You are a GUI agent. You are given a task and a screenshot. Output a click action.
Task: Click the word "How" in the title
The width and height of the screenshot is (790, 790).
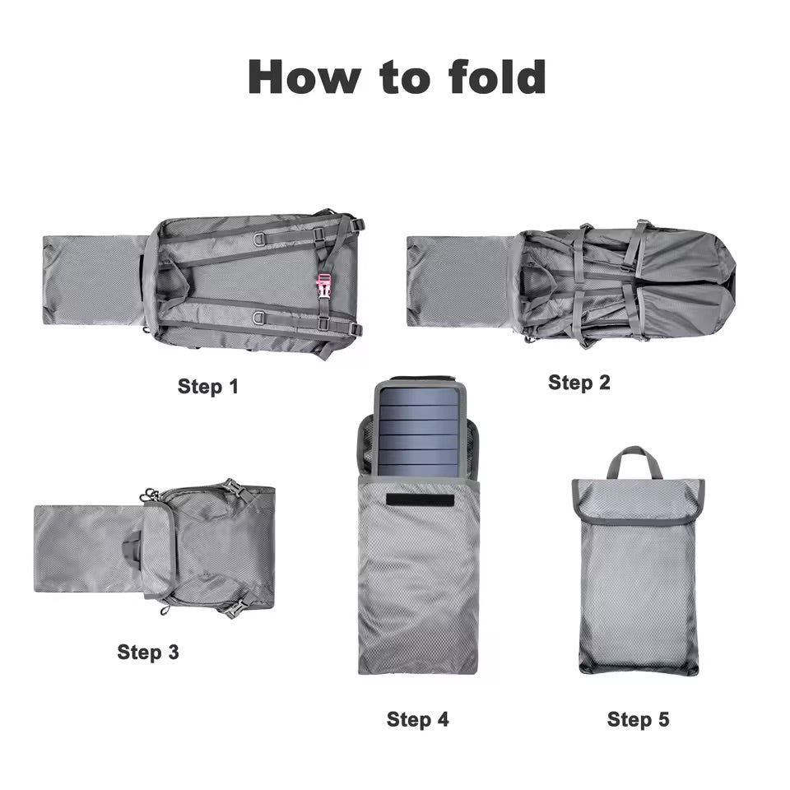coord(304,77)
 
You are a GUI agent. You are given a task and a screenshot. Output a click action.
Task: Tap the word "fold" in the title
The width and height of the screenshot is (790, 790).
coord(497,77)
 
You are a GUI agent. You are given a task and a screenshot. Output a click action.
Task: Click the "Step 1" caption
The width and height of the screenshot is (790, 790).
coord(207,387)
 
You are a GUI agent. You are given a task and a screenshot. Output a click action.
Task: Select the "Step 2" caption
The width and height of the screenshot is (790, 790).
coord(579,383)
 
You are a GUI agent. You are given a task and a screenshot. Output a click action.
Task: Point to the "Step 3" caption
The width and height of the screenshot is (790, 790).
coord(147,652)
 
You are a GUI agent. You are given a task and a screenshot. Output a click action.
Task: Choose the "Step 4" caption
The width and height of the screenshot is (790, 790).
coord(418,719)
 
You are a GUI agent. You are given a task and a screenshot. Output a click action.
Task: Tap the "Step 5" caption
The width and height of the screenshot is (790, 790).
coord(639,719)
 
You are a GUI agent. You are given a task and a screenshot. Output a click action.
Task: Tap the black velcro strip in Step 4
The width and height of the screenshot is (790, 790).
coord(421,500)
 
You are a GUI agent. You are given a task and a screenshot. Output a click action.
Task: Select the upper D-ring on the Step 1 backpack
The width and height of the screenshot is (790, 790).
coord(261,238)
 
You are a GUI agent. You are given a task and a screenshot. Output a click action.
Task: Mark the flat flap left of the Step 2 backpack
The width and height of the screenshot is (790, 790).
coord(458,281)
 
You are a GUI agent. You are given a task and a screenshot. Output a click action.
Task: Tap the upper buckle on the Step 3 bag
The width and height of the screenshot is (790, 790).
coord(232,488)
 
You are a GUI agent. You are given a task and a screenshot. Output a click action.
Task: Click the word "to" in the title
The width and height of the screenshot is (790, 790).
coord(405,80)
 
